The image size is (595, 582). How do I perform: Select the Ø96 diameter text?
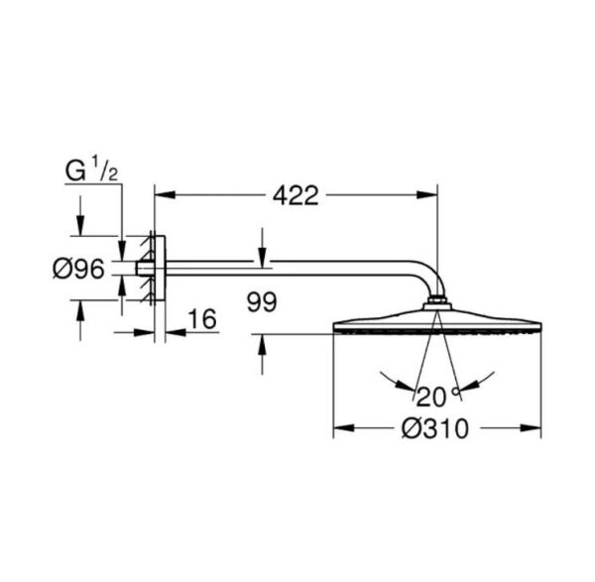point(77,268)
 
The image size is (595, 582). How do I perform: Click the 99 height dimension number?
point(261,301)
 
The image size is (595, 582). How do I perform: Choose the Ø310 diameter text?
point(435,428)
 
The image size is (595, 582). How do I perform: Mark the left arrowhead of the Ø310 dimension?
point(339,428)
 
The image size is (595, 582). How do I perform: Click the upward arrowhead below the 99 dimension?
point(261,342)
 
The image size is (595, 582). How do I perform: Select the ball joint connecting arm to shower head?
point(435,302)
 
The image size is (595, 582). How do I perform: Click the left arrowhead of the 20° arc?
point(388,381)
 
